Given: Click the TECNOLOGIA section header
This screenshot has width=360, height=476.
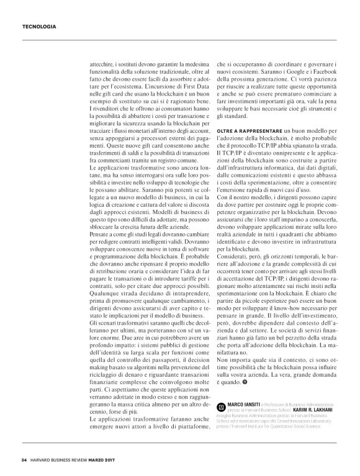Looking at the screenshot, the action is point(40,27).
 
